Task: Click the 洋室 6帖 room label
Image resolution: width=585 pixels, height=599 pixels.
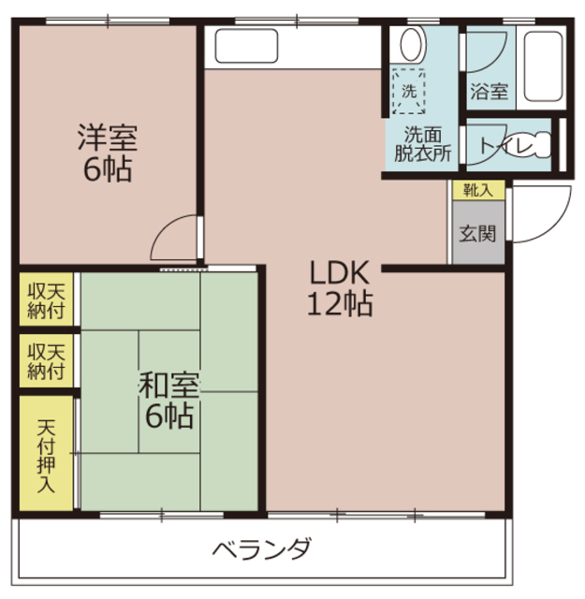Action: click(108, 153)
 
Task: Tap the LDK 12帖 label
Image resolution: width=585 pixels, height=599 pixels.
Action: click(340, 287)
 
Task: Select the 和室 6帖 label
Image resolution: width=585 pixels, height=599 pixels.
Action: click(168, 401)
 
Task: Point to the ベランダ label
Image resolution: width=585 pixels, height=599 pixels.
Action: click(262, 548)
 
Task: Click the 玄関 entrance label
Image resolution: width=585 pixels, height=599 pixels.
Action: click(477, 233)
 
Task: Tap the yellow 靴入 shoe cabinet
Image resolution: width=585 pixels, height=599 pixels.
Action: click(478, 190)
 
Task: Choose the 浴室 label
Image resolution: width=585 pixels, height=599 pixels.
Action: click(490, 92)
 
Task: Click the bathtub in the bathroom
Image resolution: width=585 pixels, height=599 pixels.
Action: click(543, 66)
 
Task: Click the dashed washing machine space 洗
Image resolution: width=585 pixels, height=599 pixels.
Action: click(409, 92)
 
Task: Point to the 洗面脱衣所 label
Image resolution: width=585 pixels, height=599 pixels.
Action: click(423, 144)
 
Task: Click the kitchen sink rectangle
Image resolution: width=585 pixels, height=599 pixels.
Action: click(246, 46)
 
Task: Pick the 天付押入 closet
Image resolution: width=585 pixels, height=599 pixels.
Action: click(46, 453)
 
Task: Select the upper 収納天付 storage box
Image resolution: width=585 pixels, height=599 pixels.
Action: click(46, 299)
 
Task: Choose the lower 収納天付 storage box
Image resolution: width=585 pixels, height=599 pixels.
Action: click(46, 360)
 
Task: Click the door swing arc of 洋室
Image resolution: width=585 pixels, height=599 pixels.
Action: click(165, 227)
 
